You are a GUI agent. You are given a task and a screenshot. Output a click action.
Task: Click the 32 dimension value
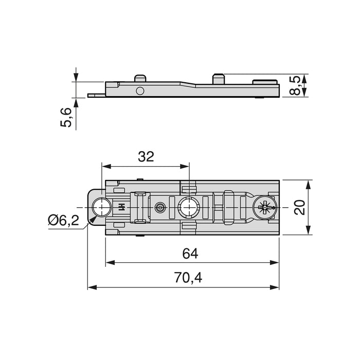146,157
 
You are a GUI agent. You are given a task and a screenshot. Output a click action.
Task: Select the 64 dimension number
190,254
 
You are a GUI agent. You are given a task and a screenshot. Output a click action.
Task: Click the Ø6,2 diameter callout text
63,221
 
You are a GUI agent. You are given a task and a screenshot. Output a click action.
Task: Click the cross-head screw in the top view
264,208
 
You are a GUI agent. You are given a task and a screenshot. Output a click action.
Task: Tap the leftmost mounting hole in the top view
102,208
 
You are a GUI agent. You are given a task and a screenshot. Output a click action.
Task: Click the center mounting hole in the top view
188,208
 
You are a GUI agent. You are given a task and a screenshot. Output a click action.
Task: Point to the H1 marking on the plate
121,208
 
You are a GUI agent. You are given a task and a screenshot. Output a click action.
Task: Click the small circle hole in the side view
140,91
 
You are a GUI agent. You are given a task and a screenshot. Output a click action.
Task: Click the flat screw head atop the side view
264,81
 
